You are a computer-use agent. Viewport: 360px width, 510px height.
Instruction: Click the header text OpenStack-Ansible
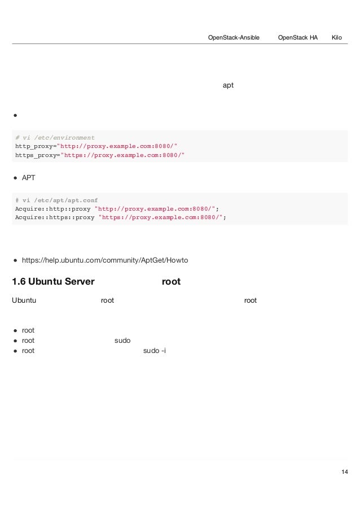(234, 37)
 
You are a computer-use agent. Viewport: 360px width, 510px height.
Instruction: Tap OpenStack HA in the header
(298, 37)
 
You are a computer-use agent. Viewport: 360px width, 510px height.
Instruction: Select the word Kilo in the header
(337, 37)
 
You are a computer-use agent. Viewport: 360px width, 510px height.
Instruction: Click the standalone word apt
(229, 85)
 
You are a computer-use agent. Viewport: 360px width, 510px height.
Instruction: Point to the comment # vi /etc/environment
(55, 137)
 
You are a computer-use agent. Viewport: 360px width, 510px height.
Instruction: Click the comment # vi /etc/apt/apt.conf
(56, 200)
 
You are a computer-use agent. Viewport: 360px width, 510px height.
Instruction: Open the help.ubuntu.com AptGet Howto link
(105, 260)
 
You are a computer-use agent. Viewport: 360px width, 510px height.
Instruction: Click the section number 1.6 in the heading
(19, 281)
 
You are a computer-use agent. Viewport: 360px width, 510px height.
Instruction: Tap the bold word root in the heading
(171, 281)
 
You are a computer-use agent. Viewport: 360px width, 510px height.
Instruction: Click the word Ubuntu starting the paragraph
(24, 300)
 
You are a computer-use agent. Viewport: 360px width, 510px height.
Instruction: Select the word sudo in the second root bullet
(122, 341)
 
